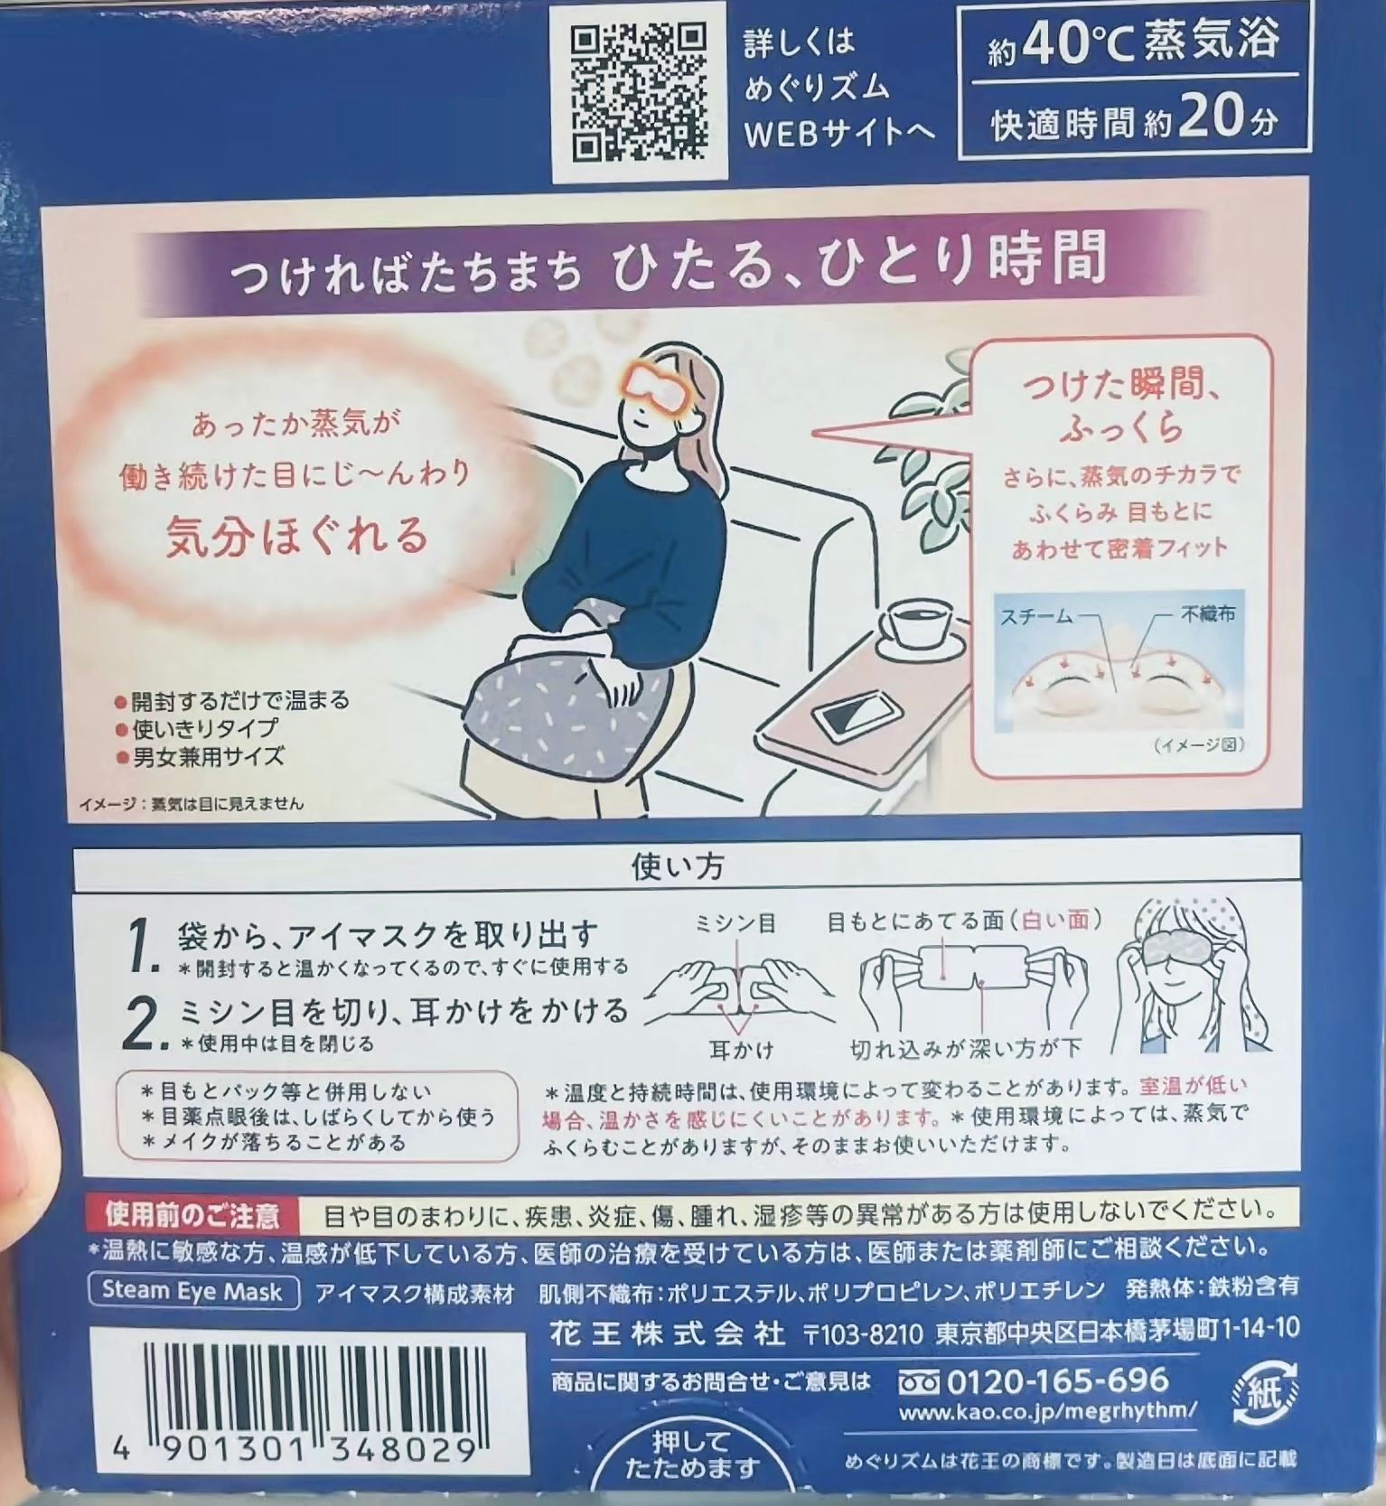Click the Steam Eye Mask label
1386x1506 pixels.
(x=192, y=1291)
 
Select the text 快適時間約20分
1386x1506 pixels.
(x=1135, y=121)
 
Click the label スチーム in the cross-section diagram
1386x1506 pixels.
(x=1036, y=617)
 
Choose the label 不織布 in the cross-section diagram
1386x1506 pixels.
(x=1207, y=614)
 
